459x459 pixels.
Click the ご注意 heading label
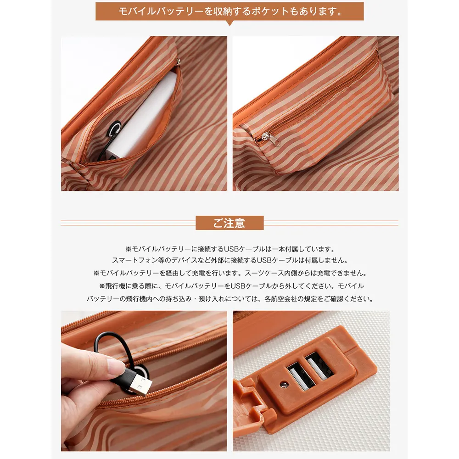pos(229,223)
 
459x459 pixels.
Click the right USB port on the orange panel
pos(319,366)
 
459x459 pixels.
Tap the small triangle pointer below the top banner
pos(230,23)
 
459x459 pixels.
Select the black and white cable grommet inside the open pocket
pos(114,129)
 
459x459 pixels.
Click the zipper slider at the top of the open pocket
pos(178,62)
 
